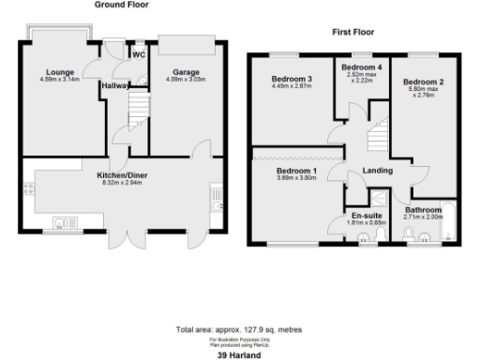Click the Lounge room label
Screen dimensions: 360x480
click(62, 71)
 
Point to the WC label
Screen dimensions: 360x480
click(139, 54)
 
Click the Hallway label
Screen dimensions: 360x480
click(115, 85)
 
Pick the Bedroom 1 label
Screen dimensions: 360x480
click(290, 172)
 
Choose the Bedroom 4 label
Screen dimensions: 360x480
click(361, 68)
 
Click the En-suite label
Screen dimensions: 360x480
click(360, 217)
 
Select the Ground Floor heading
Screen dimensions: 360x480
click(122, 5)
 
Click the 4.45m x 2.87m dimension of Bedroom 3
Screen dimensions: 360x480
click(290, 86)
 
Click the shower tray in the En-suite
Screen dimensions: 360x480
click(379, 199)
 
